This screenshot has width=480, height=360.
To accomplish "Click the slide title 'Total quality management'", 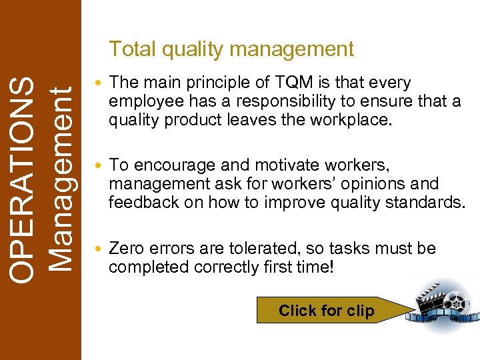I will click(231, 49).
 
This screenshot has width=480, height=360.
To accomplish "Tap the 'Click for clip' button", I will click(326, 311).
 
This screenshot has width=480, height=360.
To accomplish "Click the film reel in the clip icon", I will click(456, 303).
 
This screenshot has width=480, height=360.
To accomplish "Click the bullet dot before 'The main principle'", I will click(100, 84).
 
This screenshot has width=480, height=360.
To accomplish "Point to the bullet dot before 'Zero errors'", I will click(100, 249).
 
